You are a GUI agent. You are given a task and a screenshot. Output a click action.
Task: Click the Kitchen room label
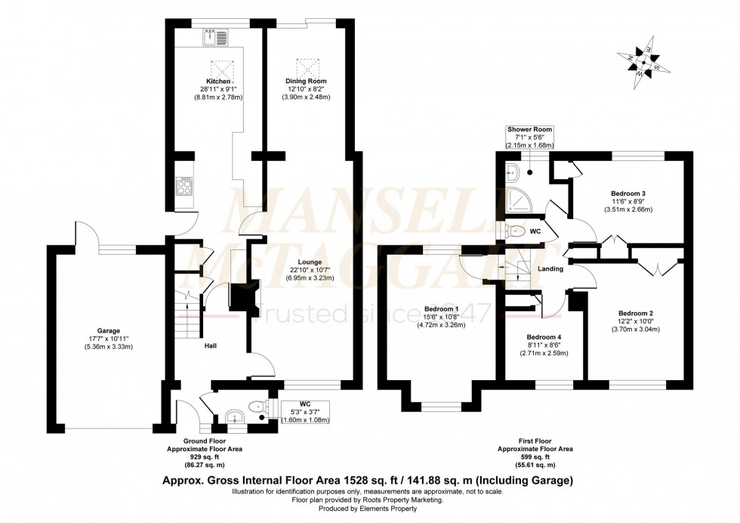pyautogui.click(x=219, y=81)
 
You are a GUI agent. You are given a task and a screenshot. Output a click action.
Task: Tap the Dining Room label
pyautogui.click(x=306, y=81)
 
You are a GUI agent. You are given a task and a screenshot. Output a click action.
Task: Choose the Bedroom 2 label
pyautogui.click(x=635, y=313)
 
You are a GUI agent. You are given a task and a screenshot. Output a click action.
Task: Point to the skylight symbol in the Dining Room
pyautogui.click(x=306, y=63)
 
